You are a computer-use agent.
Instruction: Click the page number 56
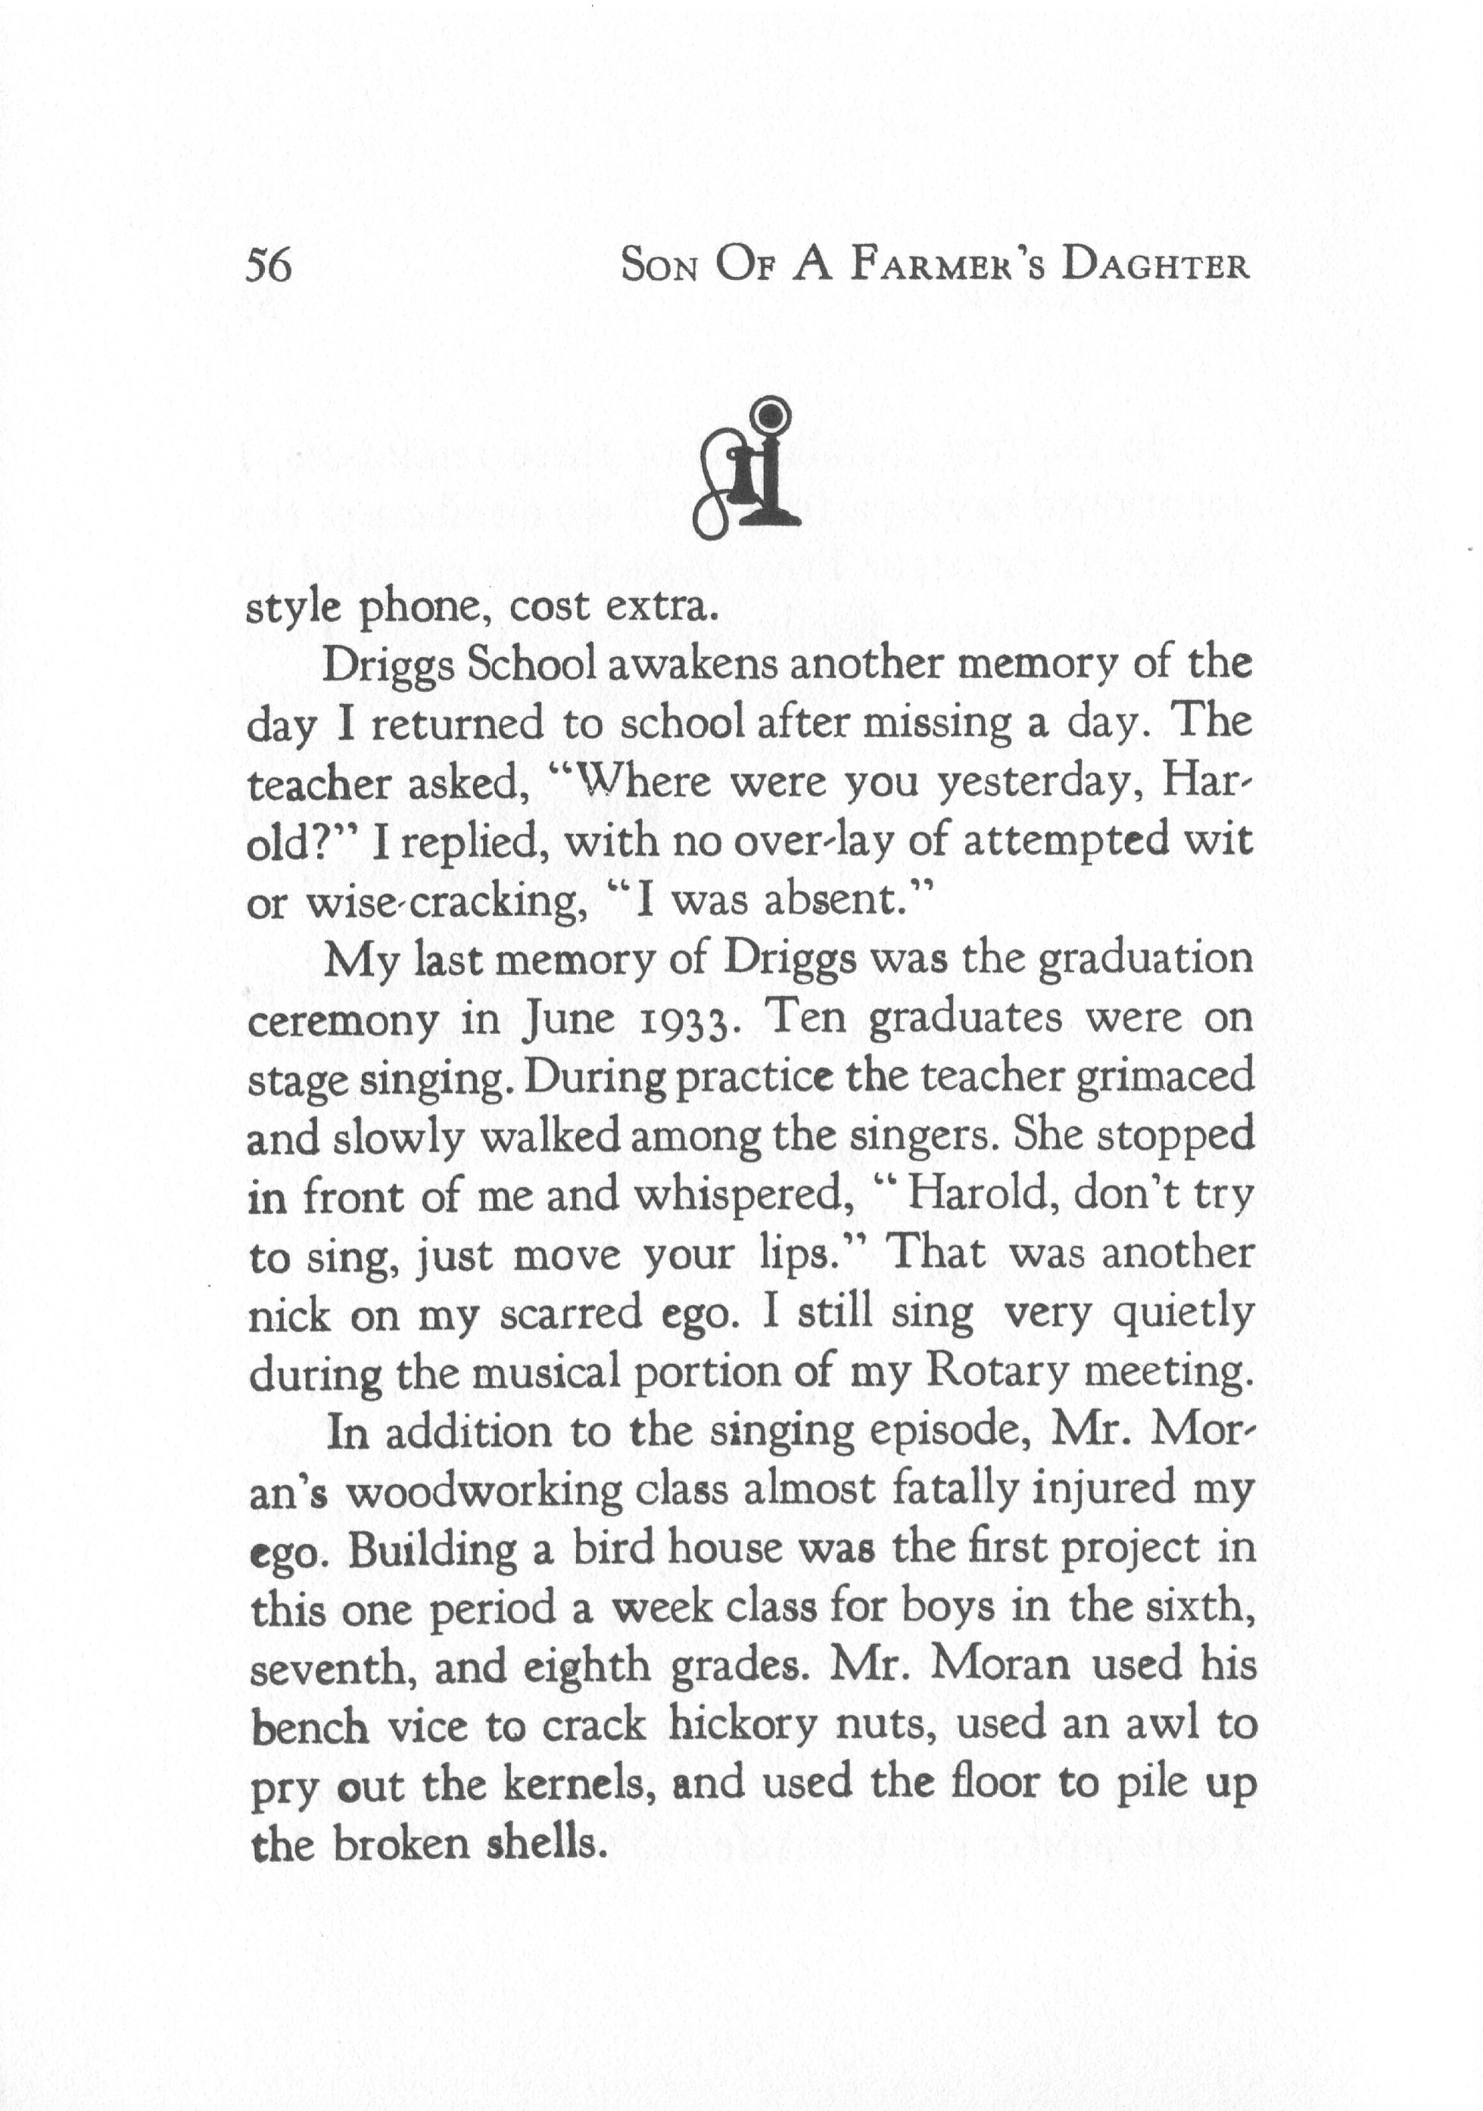(x=269, y=266)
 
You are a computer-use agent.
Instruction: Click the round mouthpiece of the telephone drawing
(x=768, y=415)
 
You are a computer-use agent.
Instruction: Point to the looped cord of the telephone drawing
(x=713, y=501)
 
